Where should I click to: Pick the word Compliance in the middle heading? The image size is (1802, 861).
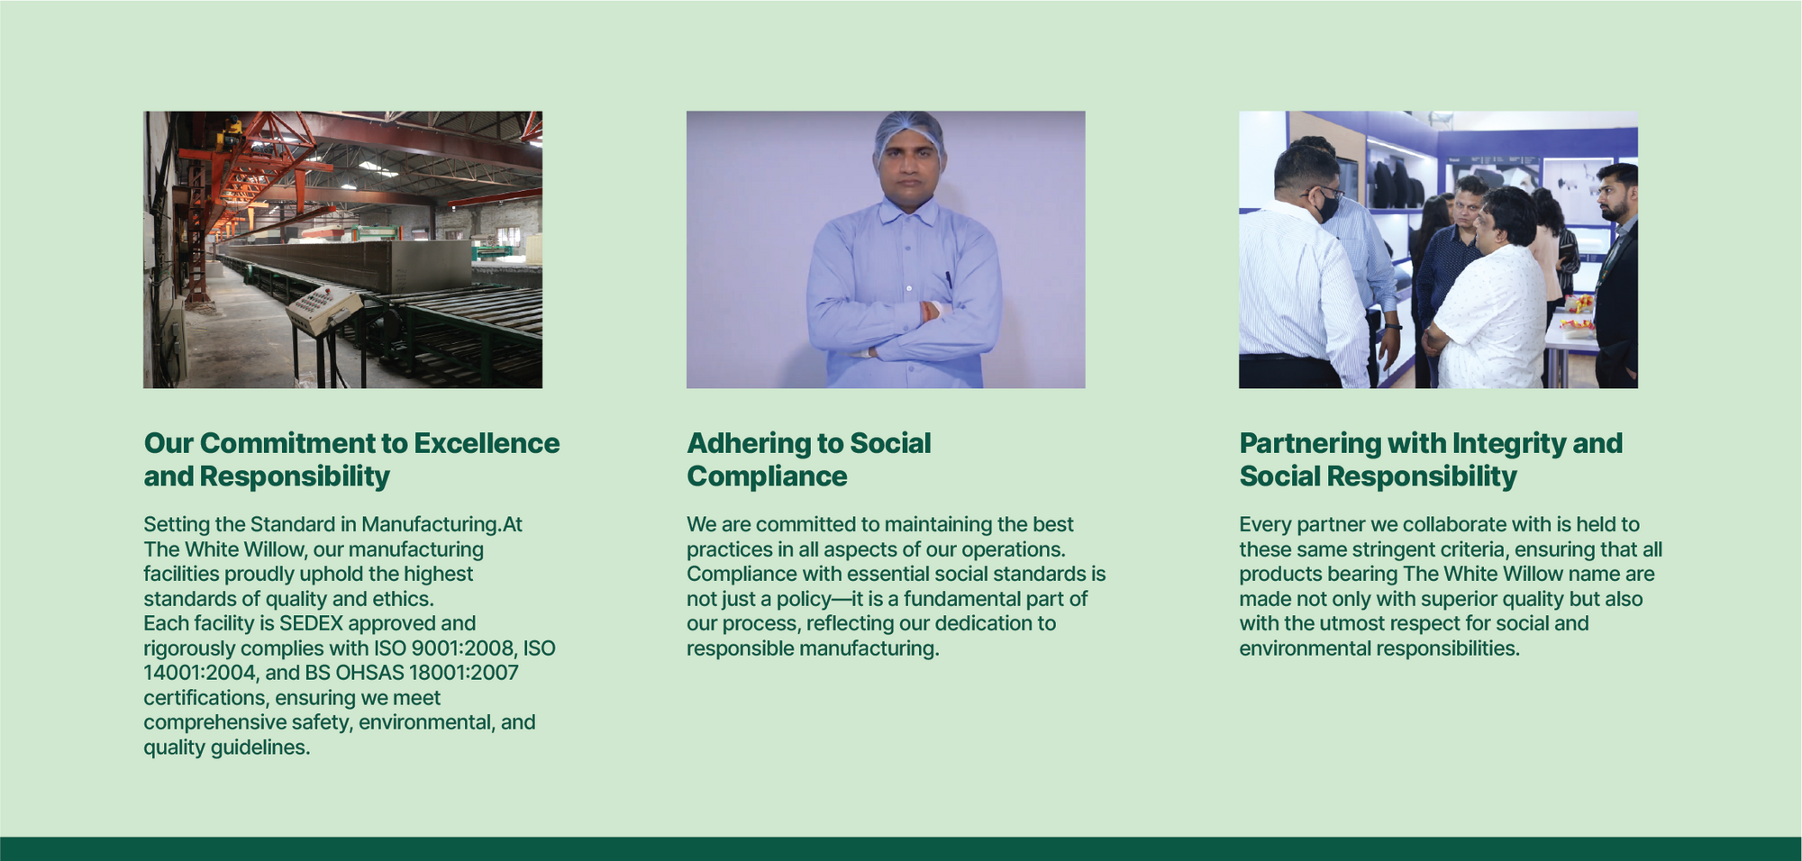coord(767,477)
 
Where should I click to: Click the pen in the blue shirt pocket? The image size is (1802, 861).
coord(948,279)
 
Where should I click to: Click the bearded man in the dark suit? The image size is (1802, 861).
coord(1617,275)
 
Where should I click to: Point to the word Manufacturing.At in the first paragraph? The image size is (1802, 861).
coord(441,525)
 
